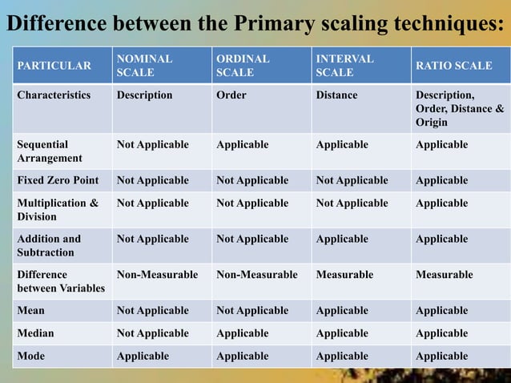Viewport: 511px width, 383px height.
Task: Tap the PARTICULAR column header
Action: pos(54,66)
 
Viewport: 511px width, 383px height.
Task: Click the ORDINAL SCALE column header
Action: pos(243,66)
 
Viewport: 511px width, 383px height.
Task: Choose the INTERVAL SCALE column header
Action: pos(344,66)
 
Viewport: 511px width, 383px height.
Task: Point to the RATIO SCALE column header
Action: pos(453,66)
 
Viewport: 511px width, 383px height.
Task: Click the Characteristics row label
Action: pos(54,95)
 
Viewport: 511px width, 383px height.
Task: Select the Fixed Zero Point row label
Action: pos(57,180)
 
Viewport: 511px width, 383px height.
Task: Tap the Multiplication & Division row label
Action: pos(58,209)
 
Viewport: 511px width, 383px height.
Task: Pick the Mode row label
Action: pos(31,355)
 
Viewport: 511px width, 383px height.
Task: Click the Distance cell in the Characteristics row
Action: pos(337,95)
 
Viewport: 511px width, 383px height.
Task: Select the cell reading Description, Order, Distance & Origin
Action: pos(459,108)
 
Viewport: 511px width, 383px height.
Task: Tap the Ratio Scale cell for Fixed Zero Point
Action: pos(441,180)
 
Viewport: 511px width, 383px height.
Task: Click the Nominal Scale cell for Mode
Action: pos(143,355)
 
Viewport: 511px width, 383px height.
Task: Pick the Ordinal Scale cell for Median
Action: pos(242,333)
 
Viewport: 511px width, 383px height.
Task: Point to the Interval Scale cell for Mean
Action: pos(342,310)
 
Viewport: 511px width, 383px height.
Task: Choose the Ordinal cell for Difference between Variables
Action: pos(256,275)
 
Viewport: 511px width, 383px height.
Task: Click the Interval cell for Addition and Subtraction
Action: pos(342,239)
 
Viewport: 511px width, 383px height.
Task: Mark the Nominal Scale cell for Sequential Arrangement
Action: pos(153,145)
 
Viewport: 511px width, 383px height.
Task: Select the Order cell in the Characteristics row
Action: pos(231,95)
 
